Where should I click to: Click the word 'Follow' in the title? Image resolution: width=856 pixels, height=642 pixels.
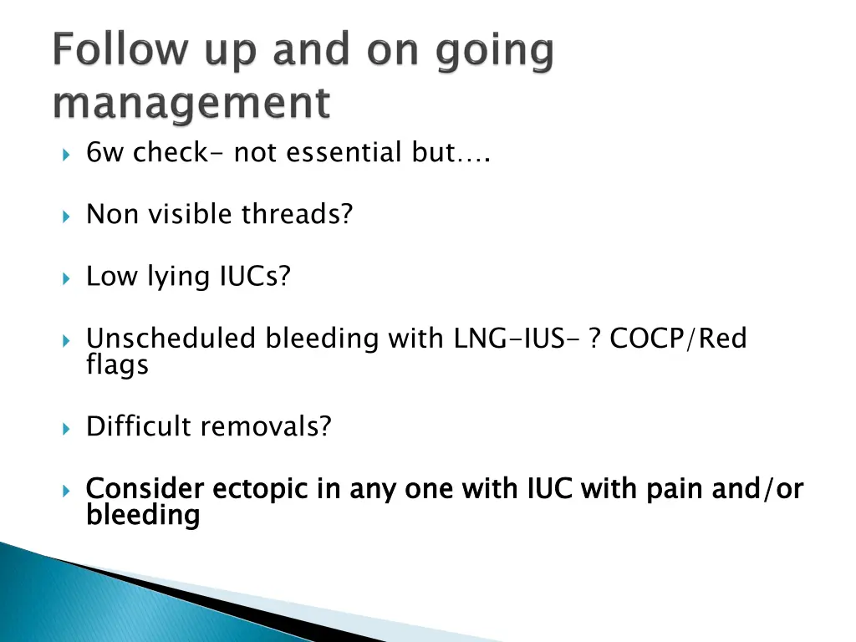click(x=120, y=49)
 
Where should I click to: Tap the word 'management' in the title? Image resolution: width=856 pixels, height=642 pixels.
click(x=191, y=103)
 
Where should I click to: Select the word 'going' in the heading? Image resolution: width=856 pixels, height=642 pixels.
click(x=495, y=53)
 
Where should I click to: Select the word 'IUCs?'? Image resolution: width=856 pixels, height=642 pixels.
click(x=255, y=276)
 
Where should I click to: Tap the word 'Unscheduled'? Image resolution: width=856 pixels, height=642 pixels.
click(x=171, y=338)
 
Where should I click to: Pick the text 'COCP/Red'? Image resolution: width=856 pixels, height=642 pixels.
click(x=678, y=338)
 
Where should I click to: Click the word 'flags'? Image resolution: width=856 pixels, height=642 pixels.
click(x=117, y=364)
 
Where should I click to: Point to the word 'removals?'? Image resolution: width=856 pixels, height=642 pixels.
click(x=267, y=425)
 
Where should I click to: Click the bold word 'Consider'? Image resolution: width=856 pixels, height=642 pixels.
click(x=145, y=488)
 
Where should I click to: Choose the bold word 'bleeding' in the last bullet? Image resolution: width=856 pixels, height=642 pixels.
click(x=143, y=515)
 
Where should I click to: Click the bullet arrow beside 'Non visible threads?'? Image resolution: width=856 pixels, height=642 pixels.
click(x=66, y=217)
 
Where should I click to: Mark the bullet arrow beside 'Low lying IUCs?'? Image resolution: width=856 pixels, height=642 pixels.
click(x=66, y=279)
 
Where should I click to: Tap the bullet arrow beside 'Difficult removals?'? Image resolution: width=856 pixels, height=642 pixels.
click(x=66, y=429)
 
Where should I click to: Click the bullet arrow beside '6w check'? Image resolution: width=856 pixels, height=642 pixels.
click(x=66, y=155)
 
